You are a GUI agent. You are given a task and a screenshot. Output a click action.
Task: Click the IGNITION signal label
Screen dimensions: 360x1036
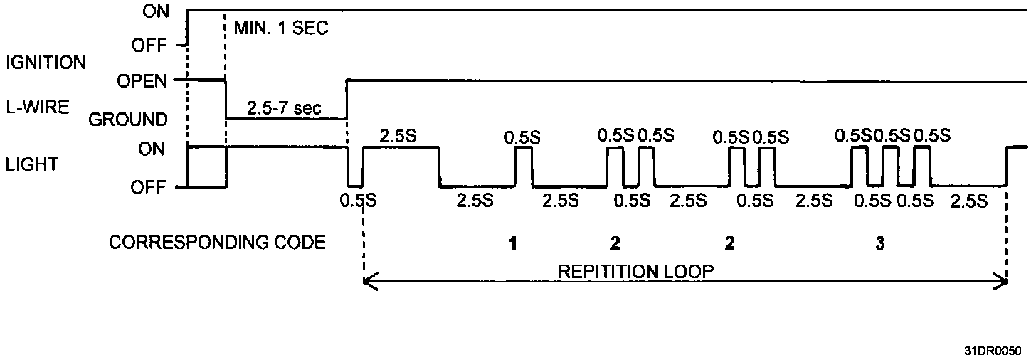coord(46,63)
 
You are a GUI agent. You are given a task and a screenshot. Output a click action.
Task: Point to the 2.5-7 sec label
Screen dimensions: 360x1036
coord(285,109)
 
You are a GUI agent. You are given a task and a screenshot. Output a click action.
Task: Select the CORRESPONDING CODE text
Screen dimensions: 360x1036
coord(217,243)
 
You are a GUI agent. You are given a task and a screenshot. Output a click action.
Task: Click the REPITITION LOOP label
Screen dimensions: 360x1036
coord(636,271)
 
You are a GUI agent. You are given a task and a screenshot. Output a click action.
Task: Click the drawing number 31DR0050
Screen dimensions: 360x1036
coord(993,351)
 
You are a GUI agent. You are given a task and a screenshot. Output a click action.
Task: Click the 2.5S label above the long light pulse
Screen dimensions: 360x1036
coord(398,136)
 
